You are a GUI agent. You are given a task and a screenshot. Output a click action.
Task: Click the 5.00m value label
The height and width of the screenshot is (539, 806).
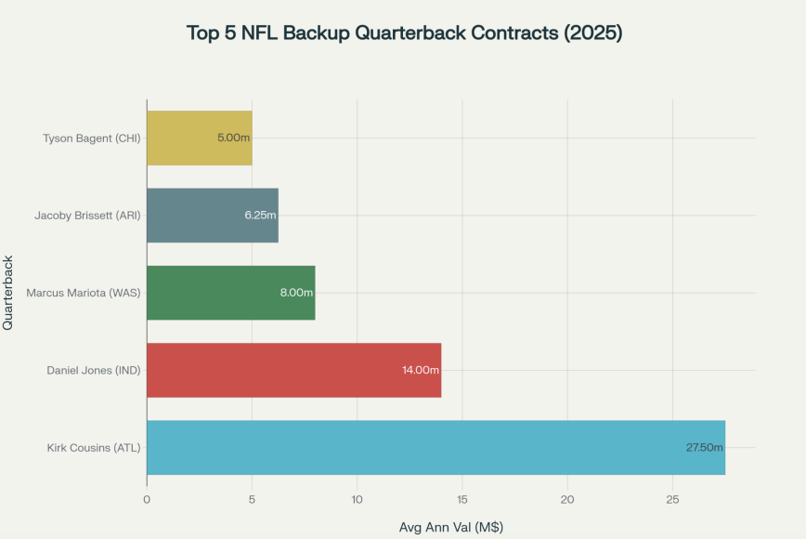point(234,138)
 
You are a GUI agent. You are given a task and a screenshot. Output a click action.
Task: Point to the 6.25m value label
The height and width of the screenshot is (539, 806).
point(260,216)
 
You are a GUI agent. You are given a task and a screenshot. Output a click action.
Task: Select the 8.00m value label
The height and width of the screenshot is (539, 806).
point(297,293)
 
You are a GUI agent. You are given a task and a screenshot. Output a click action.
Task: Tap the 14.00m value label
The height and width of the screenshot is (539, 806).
point(421,370)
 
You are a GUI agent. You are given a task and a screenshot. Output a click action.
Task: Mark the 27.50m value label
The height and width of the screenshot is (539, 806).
point(705,448)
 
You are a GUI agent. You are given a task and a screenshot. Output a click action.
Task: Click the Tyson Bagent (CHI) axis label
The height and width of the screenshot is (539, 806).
point(91,138)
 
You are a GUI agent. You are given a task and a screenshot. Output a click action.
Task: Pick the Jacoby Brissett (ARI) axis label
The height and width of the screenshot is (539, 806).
point(87,216)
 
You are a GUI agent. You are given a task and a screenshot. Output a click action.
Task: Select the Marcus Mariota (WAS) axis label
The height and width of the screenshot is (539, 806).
point(83,293)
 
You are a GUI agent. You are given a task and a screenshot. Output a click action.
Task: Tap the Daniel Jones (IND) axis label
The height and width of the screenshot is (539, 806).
point(94,370)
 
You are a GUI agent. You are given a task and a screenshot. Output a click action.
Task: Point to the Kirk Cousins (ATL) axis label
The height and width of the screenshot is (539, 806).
point(94,448)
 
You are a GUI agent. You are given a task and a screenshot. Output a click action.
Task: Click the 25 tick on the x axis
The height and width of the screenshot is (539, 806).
point(672,500)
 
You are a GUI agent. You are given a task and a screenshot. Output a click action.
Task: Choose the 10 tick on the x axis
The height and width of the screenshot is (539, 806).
point(357,500)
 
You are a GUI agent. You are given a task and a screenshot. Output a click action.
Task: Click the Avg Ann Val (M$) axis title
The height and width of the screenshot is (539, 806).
point(450,527)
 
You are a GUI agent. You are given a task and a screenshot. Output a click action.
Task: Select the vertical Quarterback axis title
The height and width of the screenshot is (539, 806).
point(8,294)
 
